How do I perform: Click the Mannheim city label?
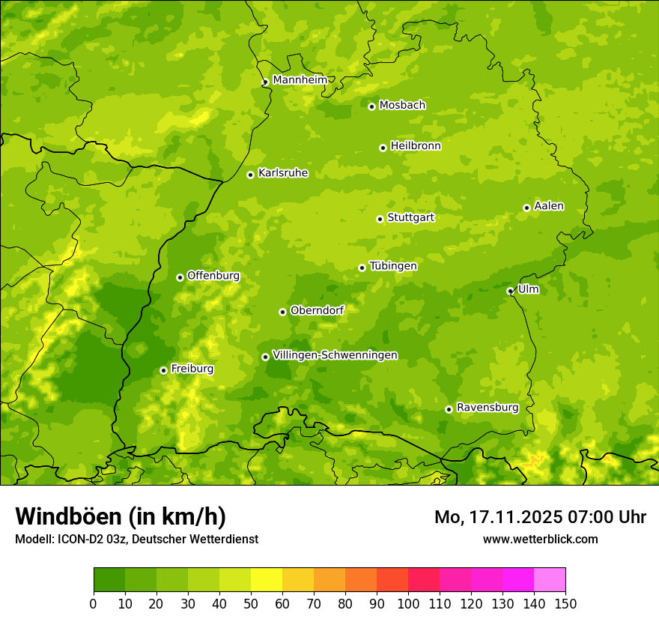tap(300, 80)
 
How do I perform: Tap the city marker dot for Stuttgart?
tap(380, 219)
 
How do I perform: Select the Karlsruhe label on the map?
tap(282, 173)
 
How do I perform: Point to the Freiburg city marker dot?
tap(163, 370)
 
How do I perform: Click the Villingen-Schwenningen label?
tap(335, 355)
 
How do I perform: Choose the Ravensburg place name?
tap(487, 408)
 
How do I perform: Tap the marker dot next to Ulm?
tap(510, 291)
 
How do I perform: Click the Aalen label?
tap(548, 206)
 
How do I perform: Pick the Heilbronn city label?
tap(415, 146)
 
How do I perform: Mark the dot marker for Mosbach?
tap(371, 106)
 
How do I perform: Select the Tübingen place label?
tap(392, 266)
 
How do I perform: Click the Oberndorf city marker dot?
tap(282, 312)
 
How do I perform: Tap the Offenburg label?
tap(213, 276)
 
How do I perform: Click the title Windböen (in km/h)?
tap(121, 516)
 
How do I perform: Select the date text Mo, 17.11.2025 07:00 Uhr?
tap(540, 517)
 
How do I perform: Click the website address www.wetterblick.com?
tap(540, 539)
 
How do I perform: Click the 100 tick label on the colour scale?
tap(408, 603)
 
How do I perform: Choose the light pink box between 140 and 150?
tap(550, 580)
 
